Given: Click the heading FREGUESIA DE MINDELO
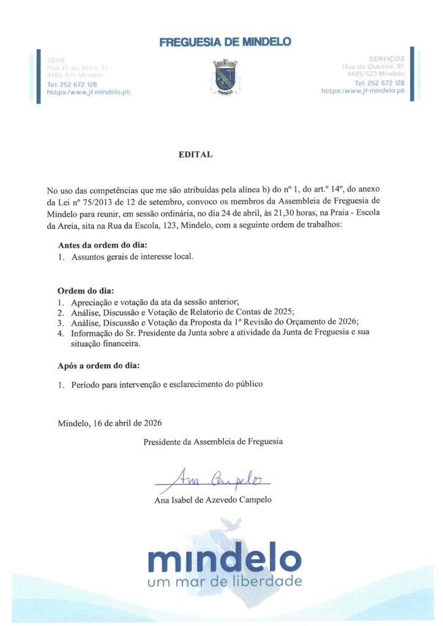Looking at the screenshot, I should click(x=225, y=42).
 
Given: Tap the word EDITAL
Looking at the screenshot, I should click(x=195, y=155).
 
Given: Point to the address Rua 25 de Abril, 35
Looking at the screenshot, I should click(x=78, y=67).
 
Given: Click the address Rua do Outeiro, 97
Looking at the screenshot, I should click(x=373, y=66).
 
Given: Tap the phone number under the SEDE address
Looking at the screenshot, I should click(x=72, y=84).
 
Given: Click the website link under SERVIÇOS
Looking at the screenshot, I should click(x=363, y=90).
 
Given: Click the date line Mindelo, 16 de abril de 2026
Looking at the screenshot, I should click(x=110, y=422).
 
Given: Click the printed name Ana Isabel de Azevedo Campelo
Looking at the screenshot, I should click(x=213, y=500).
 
